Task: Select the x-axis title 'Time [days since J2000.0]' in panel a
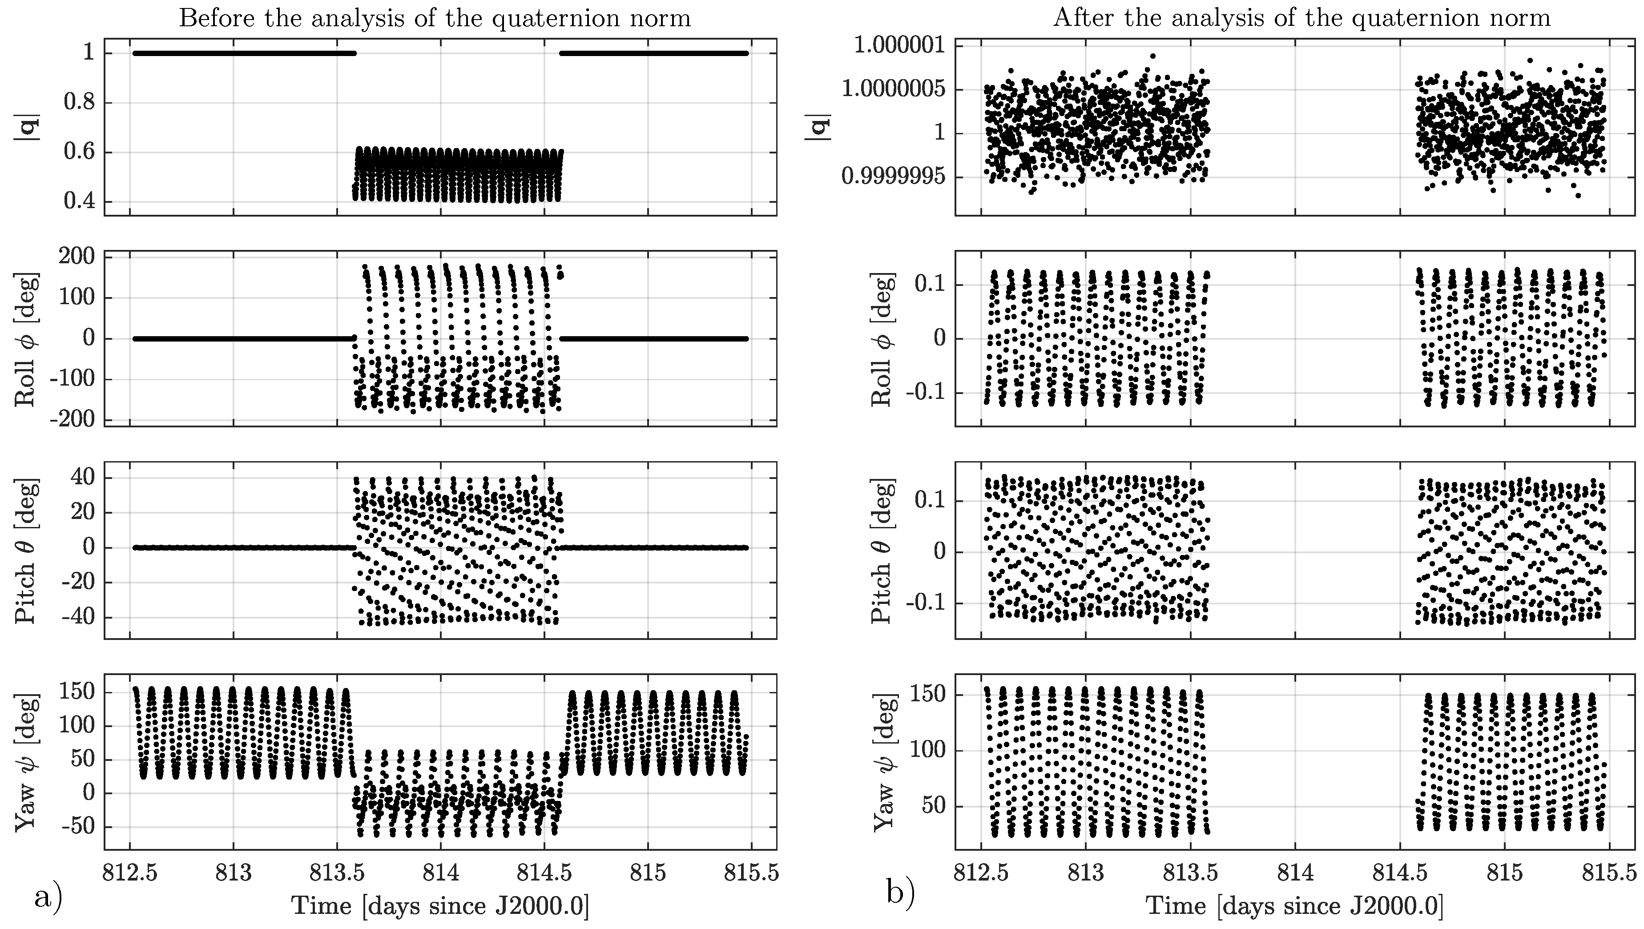tap(440, 906)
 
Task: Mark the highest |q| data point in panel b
tap(1152, 56)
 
